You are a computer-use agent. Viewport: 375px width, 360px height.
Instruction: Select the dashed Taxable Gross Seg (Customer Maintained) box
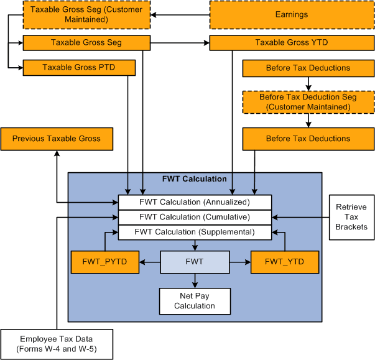point(87,14)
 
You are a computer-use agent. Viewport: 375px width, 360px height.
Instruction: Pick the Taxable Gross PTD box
point(78,67)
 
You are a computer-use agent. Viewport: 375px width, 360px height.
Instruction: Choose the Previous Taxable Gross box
point(57,139)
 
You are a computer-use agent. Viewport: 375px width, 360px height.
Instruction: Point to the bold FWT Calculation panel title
point(194,179)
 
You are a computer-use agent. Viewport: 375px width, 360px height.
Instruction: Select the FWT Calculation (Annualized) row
point(195,202)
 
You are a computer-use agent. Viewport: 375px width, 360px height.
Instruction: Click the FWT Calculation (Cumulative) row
point(195,217)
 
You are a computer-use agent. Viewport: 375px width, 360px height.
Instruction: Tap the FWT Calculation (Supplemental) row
point(195,232)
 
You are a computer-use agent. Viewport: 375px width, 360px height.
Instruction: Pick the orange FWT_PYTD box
point(104,262)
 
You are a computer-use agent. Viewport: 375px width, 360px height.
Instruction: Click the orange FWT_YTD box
point(284,262)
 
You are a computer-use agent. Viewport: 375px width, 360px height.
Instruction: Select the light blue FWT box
point(195,262)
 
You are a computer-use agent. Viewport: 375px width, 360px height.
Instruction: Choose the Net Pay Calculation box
point(195,301)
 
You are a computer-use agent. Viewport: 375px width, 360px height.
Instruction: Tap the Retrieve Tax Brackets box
point(351,217)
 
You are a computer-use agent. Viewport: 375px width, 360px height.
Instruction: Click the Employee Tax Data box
point(57,343)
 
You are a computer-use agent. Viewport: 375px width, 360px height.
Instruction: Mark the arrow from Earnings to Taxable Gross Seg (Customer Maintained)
point(180,14)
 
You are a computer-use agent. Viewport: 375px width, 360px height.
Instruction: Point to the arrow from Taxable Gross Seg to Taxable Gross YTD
point(180,43)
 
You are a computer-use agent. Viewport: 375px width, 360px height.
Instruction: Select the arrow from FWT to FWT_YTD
point(240,262)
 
